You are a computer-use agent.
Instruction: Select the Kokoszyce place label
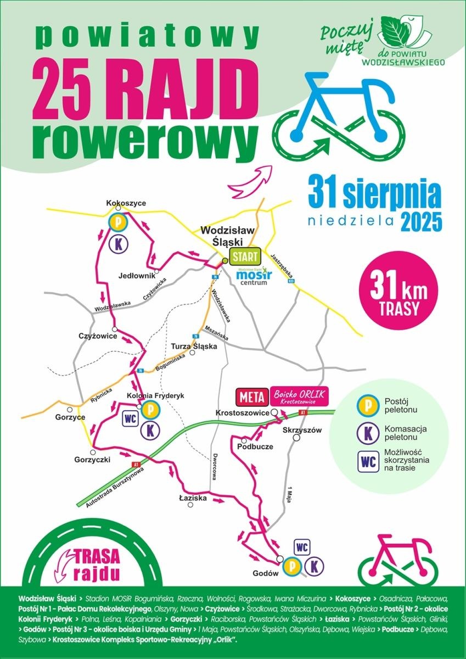click(126, 204)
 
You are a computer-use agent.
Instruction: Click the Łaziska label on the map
click(193, 498)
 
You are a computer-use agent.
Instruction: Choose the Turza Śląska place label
click(194, 347)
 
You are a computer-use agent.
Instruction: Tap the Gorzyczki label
click(92, 459)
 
